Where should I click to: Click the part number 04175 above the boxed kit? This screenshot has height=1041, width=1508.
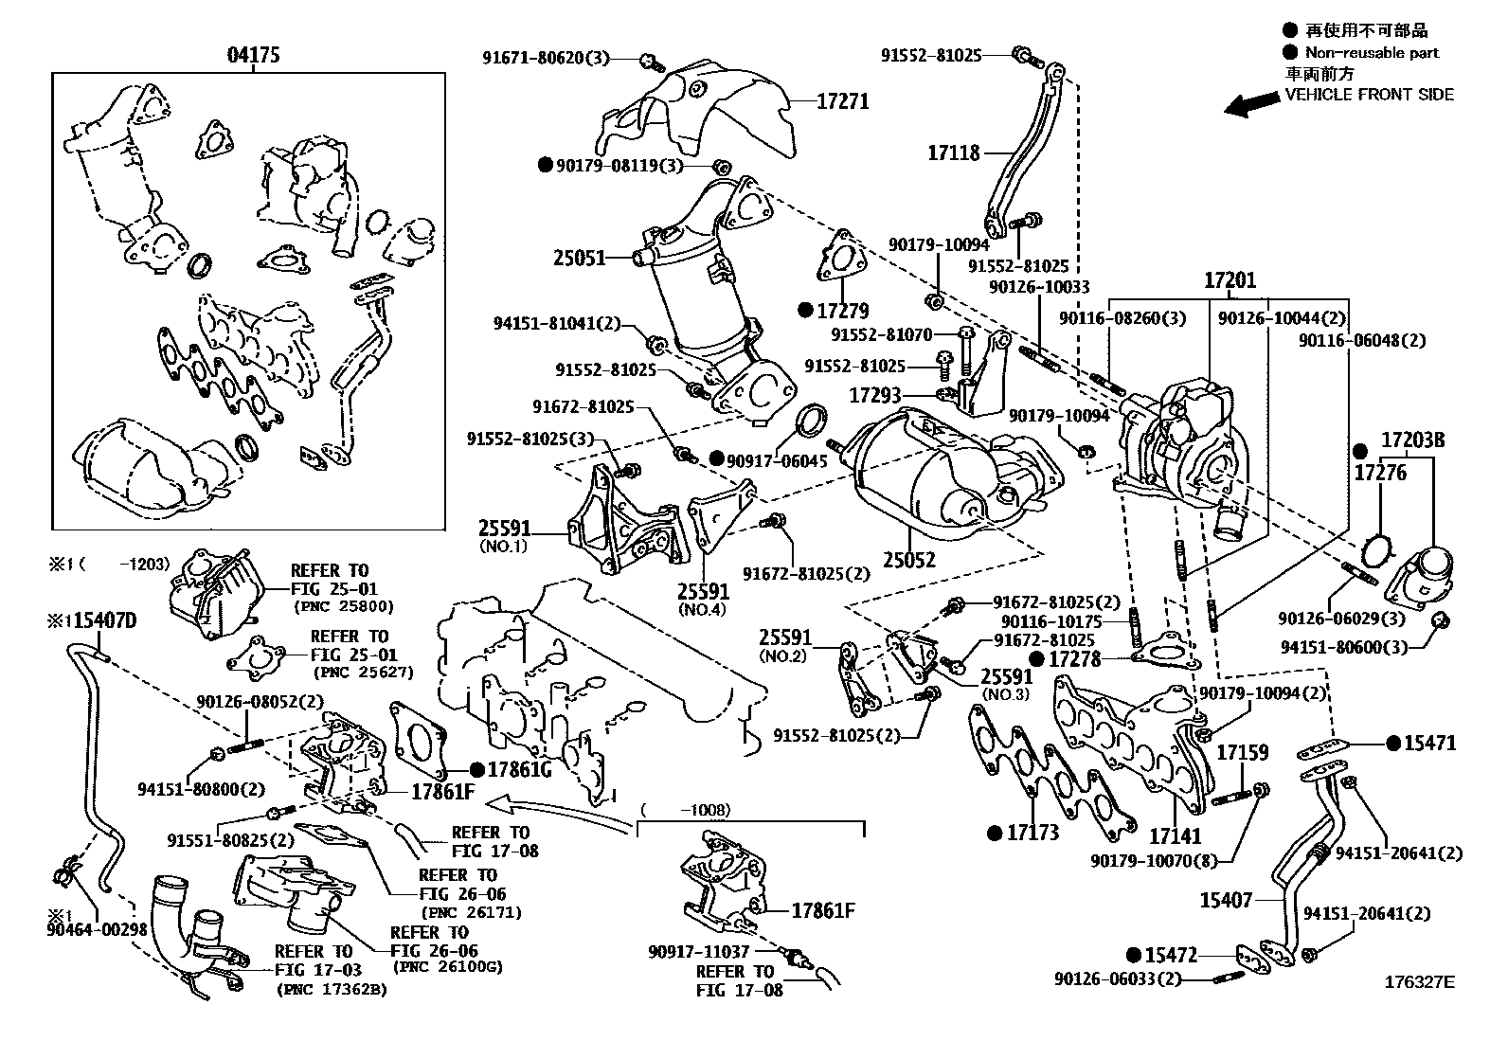click(x=253, y=55)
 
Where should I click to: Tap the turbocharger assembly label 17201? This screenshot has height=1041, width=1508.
click(x=1230, y=281)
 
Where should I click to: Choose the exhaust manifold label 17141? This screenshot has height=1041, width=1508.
click(x=1175, y=836)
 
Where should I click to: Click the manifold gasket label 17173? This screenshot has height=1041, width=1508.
click(x=1032, y=834)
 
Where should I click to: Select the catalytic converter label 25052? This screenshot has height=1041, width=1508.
click(x=908, y=560)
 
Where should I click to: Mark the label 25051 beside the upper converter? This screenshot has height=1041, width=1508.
click(x=580, y=257)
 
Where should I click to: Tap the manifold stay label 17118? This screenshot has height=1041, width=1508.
click(x=953, y=152)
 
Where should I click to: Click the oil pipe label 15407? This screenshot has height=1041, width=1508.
click(x=1226, y=900)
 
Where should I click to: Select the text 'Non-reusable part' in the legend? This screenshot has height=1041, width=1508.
click(x=1371, y=53)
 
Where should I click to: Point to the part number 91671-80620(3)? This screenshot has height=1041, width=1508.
click(x=547, y=59)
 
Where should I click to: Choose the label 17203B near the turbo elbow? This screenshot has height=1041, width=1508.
click(x=1411, y=440)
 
